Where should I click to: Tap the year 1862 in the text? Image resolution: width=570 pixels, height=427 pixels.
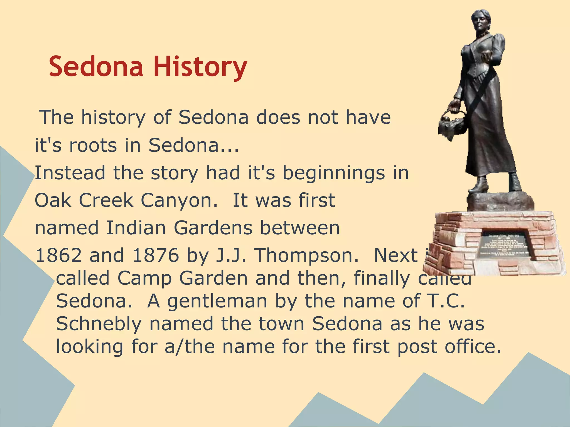pos(59,255)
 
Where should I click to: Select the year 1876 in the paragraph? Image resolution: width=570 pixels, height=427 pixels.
pos(156,255)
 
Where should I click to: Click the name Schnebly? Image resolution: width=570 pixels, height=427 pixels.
pos(99,324)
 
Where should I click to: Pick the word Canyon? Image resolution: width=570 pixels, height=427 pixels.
pos(179,200)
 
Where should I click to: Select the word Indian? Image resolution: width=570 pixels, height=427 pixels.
pos(136,228)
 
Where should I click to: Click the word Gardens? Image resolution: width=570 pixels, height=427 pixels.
pos(213,228)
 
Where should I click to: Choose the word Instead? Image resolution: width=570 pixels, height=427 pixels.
pos(70,173)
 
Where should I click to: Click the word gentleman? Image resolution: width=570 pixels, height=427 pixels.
pos(217,302)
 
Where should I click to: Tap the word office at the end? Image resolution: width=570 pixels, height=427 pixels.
pos(473,346)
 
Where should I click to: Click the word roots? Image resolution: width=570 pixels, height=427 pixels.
pos(93,145)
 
